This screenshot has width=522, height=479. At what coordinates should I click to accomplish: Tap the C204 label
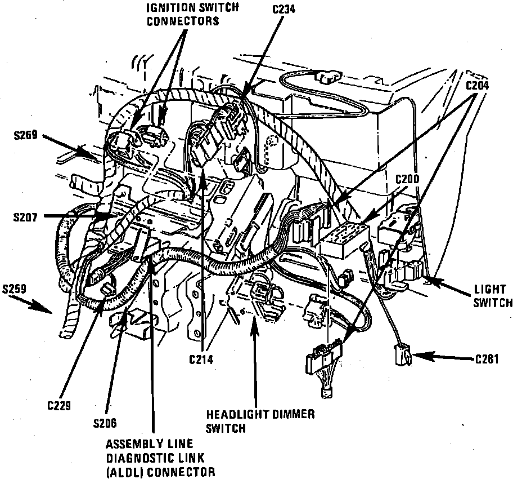[476, 86]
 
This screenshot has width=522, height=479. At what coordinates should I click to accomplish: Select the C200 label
[408, 179]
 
